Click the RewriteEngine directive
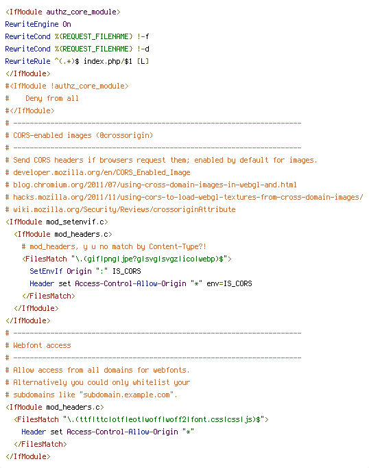(x=32, y=24)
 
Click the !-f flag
(x=143, y=36)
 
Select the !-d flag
(x=143, y=49)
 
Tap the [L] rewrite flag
(x=143, y=61)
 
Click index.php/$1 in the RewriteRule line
(x=108, y=61)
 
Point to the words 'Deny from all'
(x=52, y=98)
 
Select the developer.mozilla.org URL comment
(x=102, y=172)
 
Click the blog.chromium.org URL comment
(x=155, y=185)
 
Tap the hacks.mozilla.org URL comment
(x=188, y=197)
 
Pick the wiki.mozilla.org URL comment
(x=124, y=209)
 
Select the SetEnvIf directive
(x=46, y=271)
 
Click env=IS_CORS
(x=229, y=283)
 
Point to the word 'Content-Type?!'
(x=178, y=246)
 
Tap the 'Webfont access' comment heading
(x=42, y=345)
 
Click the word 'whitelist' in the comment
(x=151, y=382)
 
